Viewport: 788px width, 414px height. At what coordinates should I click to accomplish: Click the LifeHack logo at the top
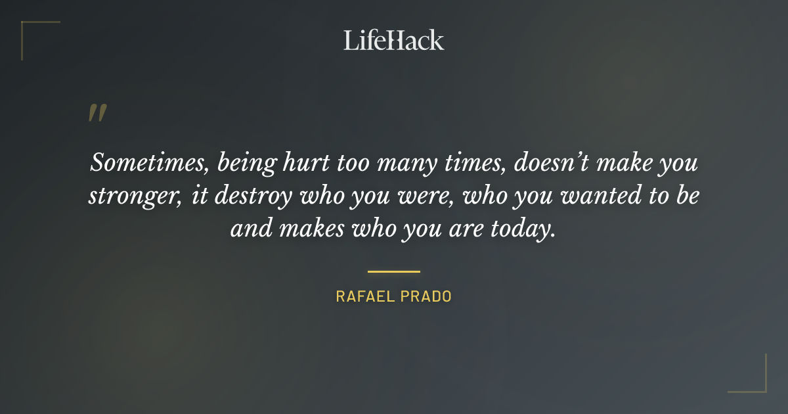(394, 40)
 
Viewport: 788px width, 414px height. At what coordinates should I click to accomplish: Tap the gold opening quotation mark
(97, 113)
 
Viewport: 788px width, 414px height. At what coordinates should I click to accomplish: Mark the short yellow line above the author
(394, 271)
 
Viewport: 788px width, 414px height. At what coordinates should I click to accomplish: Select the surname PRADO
(427, 296)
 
